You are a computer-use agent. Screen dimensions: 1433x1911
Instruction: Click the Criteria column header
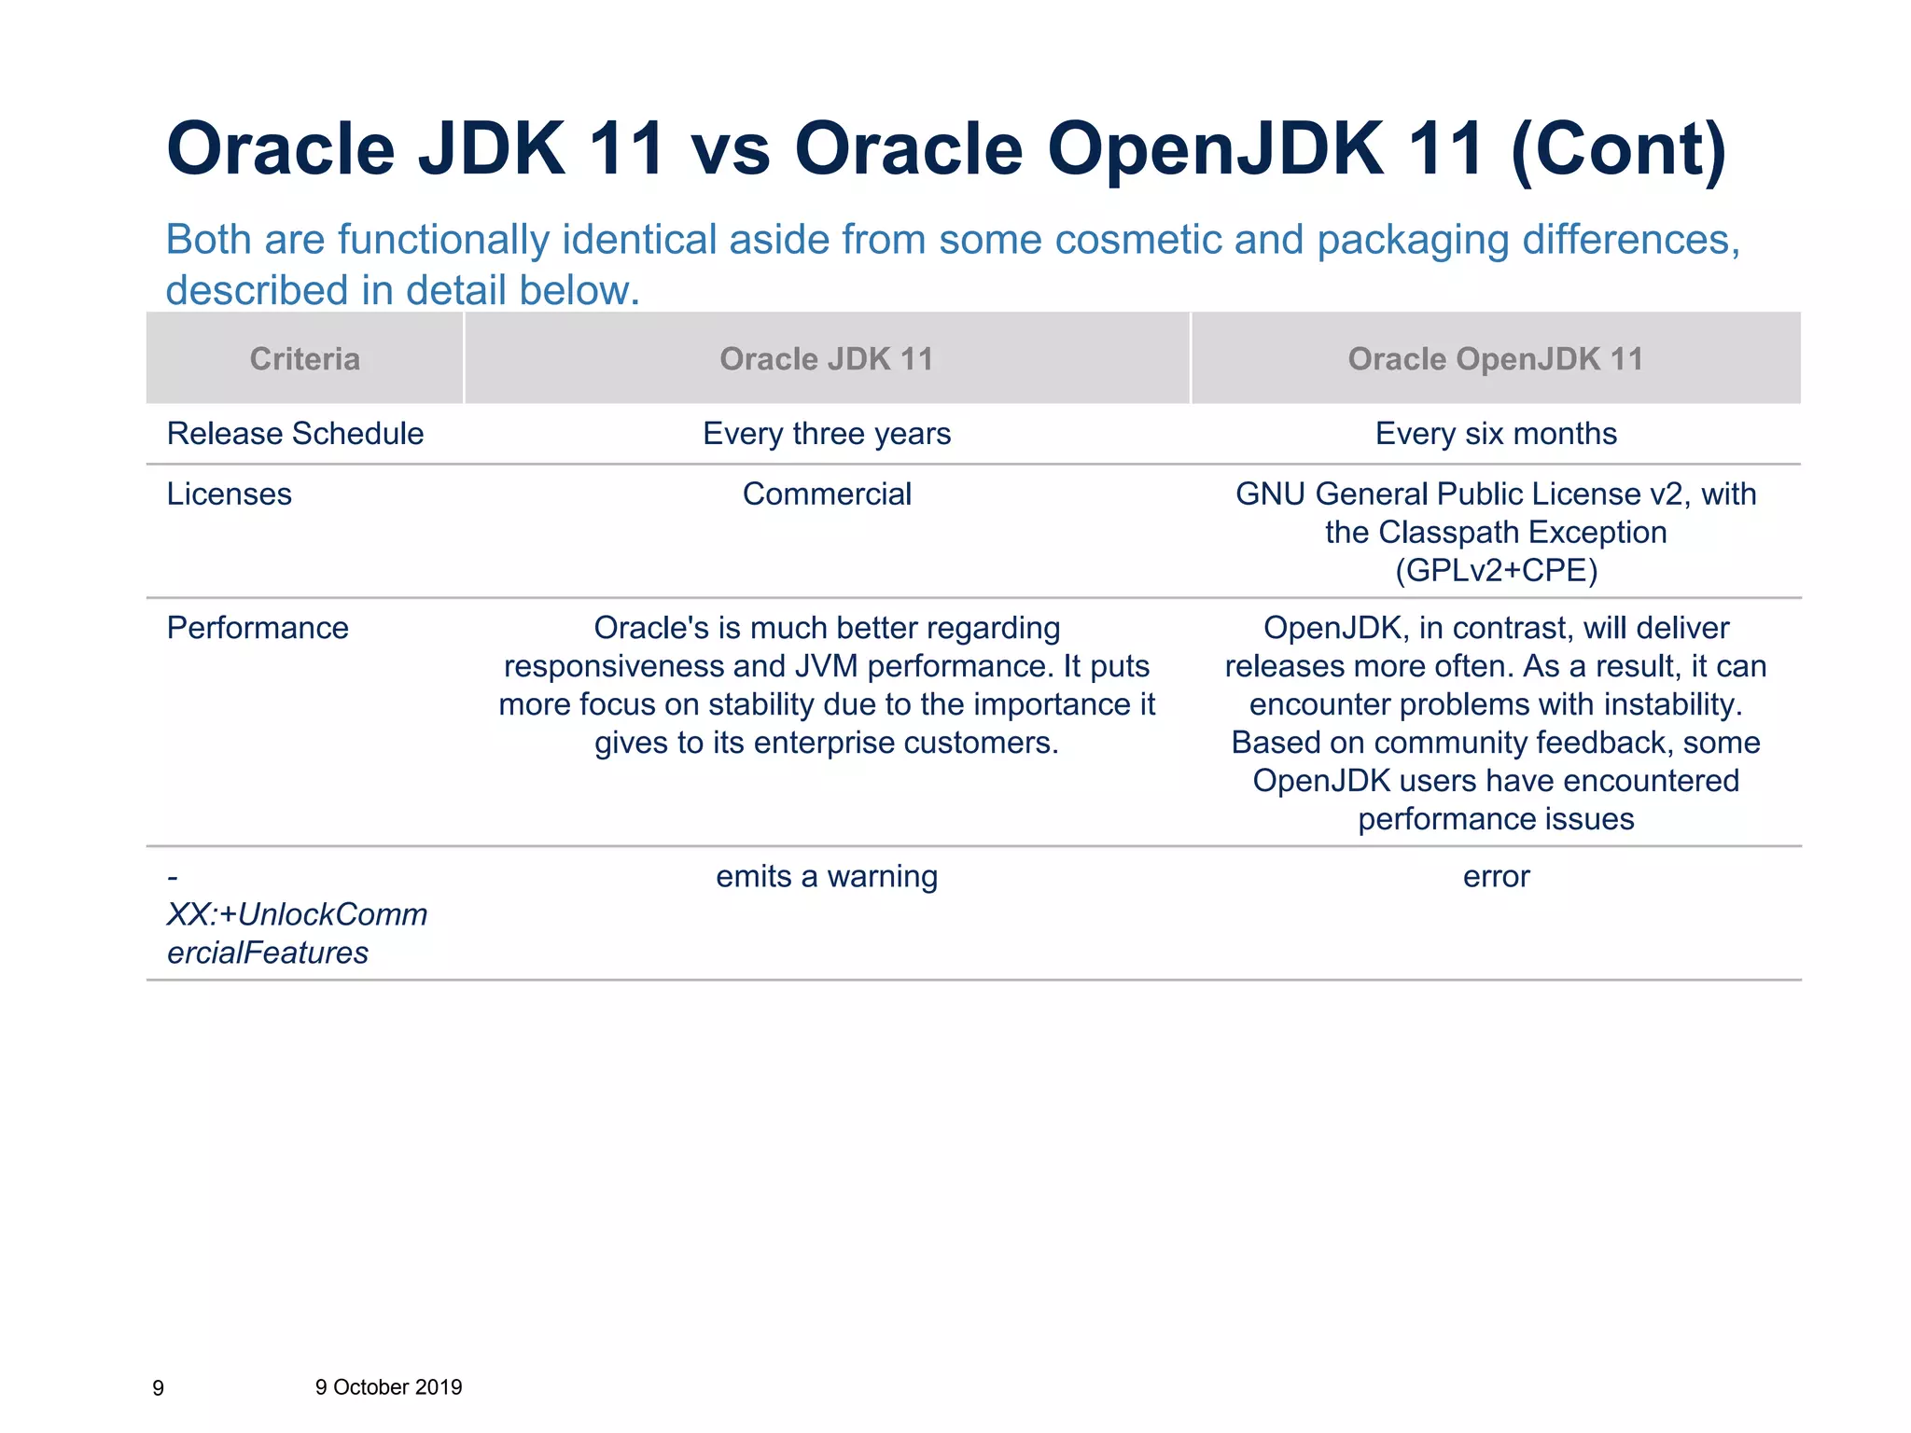point(304,359)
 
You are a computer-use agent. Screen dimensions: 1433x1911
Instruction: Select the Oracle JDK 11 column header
point(827,359)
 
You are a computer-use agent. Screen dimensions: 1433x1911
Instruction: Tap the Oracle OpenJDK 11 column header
point(1496,359)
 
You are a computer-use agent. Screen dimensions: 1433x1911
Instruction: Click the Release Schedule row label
point(295,434)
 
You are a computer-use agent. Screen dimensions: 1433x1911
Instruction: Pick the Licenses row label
point(229,494)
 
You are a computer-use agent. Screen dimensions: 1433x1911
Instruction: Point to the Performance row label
point(258,628)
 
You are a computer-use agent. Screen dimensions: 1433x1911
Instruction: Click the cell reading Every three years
point(827,434)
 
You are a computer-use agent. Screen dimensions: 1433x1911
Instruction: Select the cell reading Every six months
point(1496,434)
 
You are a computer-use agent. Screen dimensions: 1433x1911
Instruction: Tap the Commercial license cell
point(827,494)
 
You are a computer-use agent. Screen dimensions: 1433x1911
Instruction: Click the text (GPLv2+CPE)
point(1496,570)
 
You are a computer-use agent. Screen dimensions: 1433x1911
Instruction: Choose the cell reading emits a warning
point(827,877)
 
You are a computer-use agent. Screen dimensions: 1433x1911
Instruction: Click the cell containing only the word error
point(1496,877)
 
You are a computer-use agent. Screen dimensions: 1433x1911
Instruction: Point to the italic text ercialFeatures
point(268,953)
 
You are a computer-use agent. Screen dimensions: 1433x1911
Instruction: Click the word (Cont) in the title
point(1618,149)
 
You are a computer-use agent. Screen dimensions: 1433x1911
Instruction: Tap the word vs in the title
point(731,149)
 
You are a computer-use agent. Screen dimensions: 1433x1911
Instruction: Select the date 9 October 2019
point(388,1387)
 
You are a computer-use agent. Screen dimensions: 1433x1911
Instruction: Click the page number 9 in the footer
point(158,1388)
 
